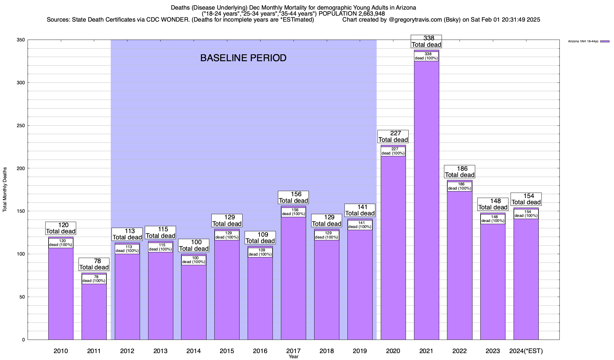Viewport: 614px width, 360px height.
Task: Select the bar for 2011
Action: click(94, 312)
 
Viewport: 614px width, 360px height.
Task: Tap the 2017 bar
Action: click(293, 279)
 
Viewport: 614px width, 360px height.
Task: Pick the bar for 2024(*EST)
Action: click(526, 279)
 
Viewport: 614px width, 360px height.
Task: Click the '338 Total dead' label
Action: click(426, 41)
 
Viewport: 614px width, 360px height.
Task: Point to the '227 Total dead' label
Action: click(393, 136)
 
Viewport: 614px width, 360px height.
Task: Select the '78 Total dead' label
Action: click(94, 264)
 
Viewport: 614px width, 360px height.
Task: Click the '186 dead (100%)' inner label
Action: click(460, 186)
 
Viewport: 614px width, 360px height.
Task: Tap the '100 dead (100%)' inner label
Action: click(194, 260)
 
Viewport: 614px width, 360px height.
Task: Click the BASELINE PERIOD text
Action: click(243, 58)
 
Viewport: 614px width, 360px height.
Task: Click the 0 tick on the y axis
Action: click(23, 340)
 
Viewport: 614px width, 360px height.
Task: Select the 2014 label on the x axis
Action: click(194, 351)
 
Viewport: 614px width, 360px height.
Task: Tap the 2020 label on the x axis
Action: click(393, 351)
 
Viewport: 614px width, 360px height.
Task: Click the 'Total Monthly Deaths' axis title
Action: click(5, 189)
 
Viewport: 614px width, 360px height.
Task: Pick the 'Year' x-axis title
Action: click(294, 357)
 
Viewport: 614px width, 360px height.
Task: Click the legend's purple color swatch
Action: click(605, 41)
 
